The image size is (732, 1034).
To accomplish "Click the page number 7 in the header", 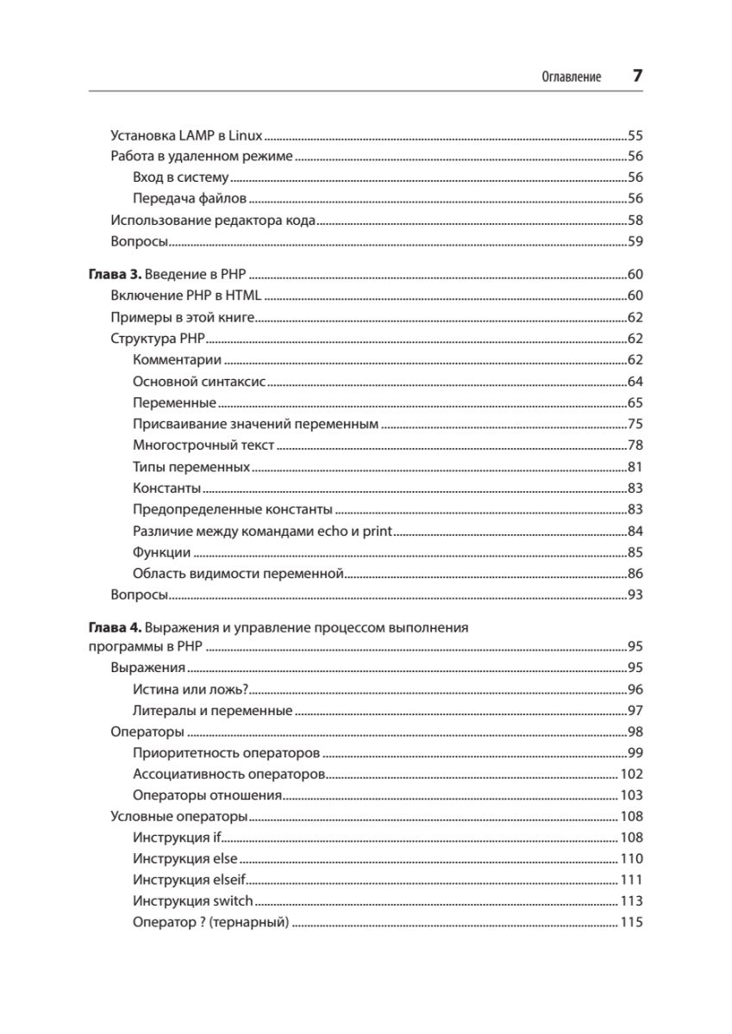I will click(x=637, y=76).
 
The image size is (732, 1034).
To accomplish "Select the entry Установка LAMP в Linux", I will click(x=187, y=135).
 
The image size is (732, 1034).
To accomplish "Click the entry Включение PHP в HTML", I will click(x=186, y=296).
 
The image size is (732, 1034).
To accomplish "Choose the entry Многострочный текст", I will click(x=203, y=445).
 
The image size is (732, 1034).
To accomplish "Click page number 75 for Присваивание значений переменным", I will click(x=635, y=425).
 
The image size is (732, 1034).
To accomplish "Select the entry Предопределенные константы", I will click(x=233, y=509).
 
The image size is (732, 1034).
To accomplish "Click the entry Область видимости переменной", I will click(x=239, y=573).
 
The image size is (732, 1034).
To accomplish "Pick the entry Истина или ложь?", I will click(x=191, y=689).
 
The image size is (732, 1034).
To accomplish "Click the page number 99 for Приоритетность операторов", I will click(x=635, y=753).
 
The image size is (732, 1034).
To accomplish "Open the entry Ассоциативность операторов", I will click(x=229, y=774).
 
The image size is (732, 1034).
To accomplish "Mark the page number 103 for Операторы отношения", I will click(x=632, y=795).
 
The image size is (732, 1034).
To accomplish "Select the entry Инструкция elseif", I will click(x=190, y=880).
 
